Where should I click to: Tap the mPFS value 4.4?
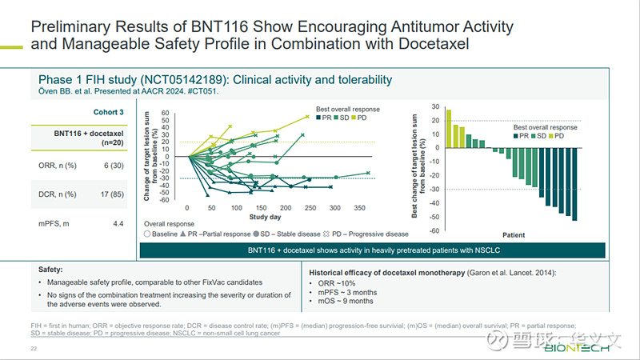[118, 223]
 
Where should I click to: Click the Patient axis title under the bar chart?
[514, 235]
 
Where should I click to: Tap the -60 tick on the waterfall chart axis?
[434, 230]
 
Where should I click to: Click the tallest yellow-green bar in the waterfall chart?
[449, 128]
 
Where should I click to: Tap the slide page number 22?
[34, 349]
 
